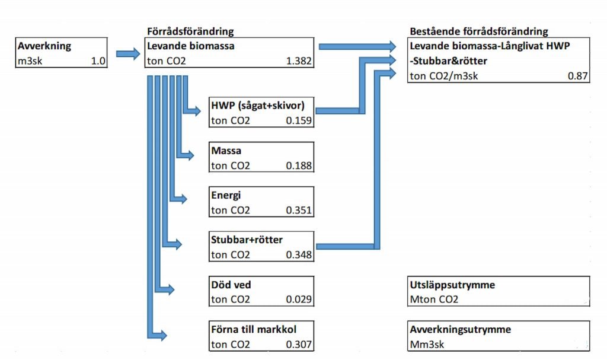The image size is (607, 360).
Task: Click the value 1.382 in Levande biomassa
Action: pos(298,60)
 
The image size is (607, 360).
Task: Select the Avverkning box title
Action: pos(44,46)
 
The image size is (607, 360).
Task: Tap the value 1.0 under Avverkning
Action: pos(98,60)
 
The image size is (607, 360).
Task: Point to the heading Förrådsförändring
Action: pos(190,31)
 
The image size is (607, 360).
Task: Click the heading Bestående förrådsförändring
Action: pos(479,31)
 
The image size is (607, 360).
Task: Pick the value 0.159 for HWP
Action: pos(299,121)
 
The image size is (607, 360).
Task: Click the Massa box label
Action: pos(226,151)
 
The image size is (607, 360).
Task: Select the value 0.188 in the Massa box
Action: pos(299,165)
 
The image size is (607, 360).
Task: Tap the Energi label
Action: pos(226,195)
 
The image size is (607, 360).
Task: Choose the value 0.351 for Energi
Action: pos(299,211)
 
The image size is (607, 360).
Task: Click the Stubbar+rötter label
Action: pos(247,240)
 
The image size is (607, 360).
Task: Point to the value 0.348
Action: pos(299,255)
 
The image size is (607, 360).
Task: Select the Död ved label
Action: pos(231,285)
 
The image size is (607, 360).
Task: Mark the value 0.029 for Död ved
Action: pos(299,300)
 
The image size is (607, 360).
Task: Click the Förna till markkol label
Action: pos(254,330)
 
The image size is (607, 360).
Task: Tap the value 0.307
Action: pos(299,345)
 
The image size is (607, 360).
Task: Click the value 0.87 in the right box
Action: pos(577,76)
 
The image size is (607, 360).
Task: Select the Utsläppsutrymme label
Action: pos(452,285)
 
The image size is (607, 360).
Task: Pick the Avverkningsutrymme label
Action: pos(460,330)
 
